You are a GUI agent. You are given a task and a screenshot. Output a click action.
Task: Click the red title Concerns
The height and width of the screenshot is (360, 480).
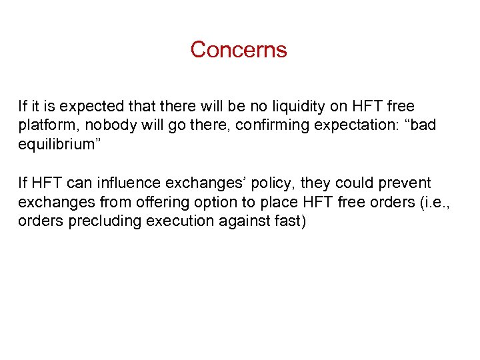click(x=239, y=50)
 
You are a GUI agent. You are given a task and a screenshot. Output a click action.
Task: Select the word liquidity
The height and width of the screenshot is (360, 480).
click(x=275, y=107)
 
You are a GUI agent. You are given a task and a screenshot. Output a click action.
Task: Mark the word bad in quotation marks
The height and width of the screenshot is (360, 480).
click(x=417, y=126)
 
